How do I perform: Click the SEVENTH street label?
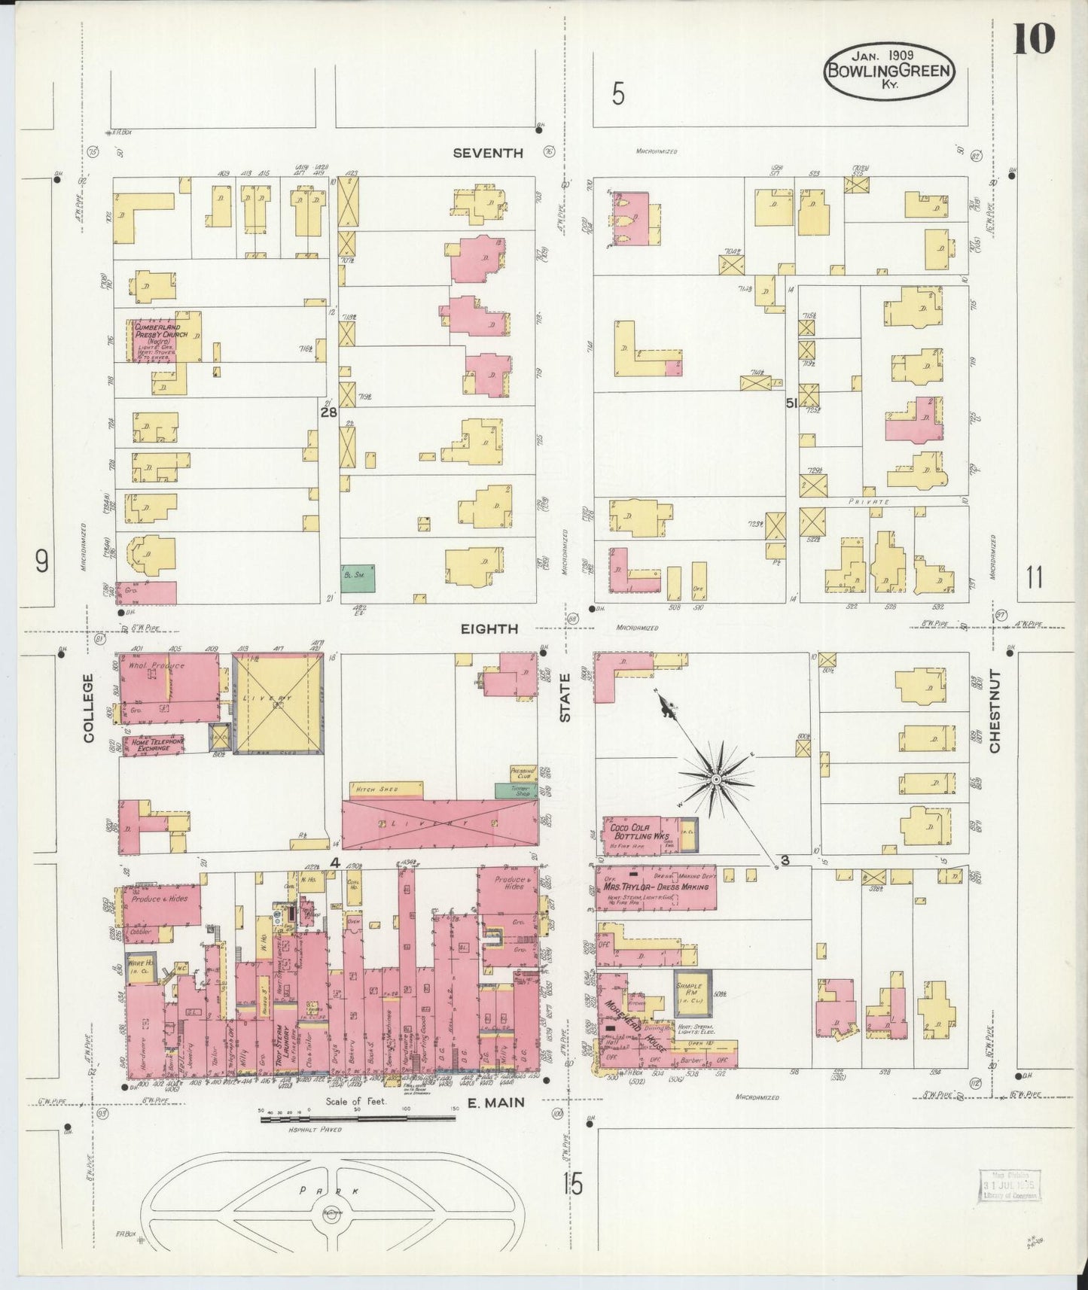click(488, 153)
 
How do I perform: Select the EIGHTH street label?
click(489, 628)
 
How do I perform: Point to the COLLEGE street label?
click(89, 707)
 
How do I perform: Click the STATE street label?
click(565, 708)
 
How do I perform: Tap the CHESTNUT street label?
click(995, 710)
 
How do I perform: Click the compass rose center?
click(716, 778)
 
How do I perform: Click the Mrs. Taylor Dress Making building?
click(655, 887)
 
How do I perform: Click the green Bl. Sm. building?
click(358, 574)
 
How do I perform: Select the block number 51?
click(791, 403)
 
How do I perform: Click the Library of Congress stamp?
click(1008, 1186)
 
